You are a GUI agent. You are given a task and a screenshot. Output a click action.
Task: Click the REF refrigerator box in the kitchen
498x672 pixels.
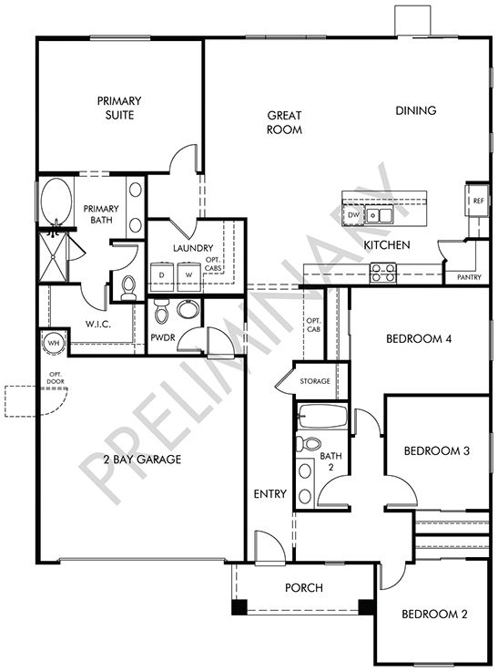(478, 201)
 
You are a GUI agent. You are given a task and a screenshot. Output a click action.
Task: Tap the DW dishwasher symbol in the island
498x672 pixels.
(353, 215)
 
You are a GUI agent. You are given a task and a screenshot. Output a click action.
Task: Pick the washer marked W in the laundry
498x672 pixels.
(189, 274)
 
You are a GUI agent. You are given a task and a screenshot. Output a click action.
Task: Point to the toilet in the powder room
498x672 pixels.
(162, 312)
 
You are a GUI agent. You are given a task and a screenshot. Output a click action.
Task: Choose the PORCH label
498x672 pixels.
(304, 588)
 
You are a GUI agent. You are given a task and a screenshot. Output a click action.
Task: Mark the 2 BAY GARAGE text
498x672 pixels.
(142, 460)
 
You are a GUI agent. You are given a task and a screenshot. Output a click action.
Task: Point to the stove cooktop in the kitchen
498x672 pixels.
(382, 271)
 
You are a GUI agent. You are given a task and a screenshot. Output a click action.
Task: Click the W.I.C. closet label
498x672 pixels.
(98, 323)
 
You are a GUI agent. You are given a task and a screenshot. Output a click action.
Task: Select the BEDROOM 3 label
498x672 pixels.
(436, 450)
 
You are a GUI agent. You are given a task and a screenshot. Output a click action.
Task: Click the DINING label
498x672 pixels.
(416, 110)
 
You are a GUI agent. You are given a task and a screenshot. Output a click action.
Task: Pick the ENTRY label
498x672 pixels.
(270, 495)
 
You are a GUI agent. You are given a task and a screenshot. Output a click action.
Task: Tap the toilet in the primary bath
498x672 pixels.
(127, 288)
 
